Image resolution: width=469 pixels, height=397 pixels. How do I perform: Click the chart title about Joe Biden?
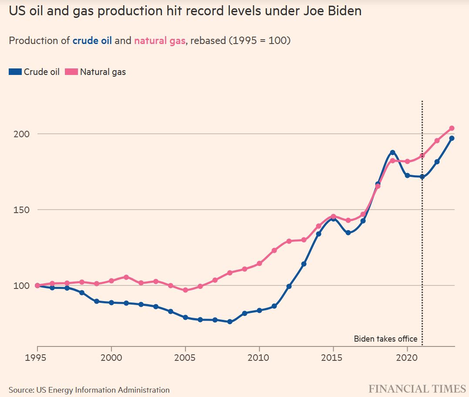[x=185, y=11]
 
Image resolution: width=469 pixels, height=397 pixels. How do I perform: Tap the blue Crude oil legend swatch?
[x=15, y=72]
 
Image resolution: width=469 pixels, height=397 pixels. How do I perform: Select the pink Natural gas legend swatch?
[x=71, y=72]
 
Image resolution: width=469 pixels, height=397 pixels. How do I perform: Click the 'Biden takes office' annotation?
[x=385, y=339]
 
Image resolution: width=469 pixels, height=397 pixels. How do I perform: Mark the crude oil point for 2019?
[x=392, y=153]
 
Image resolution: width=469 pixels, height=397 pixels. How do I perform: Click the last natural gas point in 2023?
[x=452, y=128]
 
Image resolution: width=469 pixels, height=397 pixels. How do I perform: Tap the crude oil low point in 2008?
[x=229, y=322]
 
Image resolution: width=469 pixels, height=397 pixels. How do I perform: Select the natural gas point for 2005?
[x=185, y=290]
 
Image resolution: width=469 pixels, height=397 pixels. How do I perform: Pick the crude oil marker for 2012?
[x=289, y=286]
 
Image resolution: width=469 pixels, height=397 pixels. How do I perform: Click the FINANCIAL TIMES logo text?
[x=417, y=389]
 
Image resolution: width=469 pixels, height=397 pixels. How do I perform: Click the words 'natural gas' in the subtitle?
[x=160, y=41]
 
